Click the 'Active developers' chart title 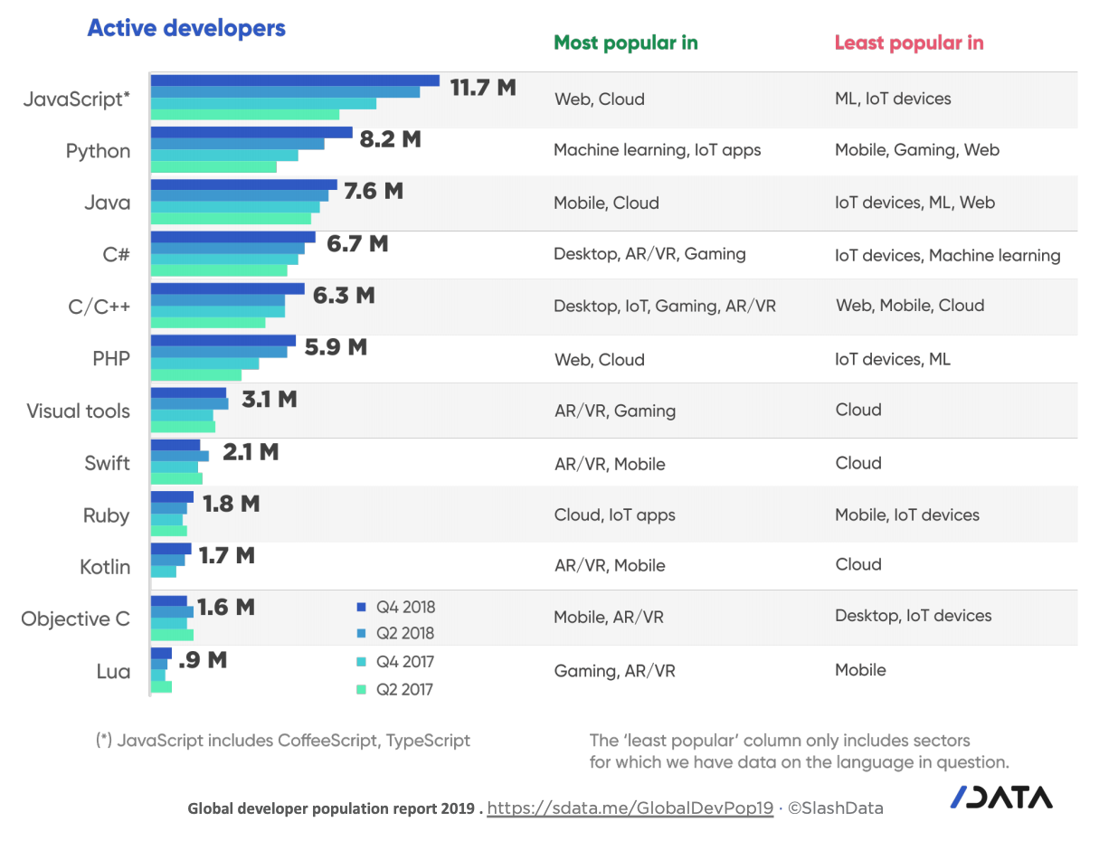[x=185, y=29]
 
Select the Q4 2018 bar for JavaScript [x=294, y=80]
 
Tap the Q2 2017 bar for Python [x=213, y=166]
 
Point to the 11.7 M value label [x=483, y=88]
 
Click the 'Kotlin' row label [x=104, y=567]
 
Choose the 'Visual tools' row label [x=78, y=411]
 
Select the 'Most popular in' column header [x=625, y=42]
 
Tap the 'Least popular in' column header [x=908, y=42]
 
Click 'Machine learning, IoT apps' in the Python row [x=657, y=150]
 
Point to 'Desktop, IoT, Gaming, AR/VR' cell [x=664, y=306]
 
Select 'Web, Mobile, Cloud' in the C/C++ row [x=909, y=306]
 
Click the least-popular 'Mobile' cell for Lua [x=860, y=670]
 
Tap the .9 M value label [x=203, y=660]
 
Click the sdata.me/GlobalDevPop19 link [x=630, y=808]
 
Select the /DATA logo [x=1000, y=797]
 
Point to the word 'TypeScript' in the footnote [x=428, y=740]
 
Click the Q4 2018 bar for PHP [x=223, y=341]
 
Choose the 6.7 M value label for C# [x=357, y=244]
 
